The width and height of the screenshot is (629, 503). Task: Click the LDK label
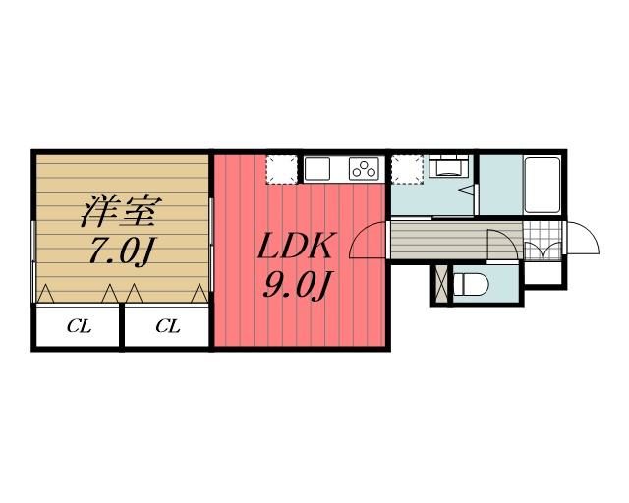pyautogui.click(x=296, y=246)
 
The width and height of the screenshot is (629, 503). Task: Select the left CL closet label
pyautogui.click(x=79, y=326)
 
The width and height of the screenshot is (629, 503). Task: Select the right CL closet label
pyautogui.click(x=168, y=326)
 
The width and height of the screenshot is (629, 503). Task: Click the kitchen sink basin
pyautogui.click(x=317, y=169)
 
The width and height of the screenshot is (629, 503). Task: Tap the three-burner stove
pyautogui.click(x=365, y=168)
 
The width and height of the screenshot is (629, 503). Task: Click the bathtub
pyautogui.click(x=543, y=186)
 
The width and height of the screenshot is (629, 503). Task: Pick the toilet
pyautogui.click(x=471, y=285)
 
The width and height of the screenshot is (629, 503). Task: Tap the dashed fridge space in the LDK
pyautogui.click(x=282, y=169)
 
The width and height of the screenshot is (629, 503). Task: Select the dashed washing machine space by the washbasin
pyautogui.click(x=408, y=169)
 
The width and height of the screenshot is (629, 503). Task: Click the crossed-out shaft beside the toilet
pyautogui.click(x=441, y=285)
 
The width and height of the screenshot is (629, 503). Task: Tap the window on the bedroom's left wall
pyautogui.click(x=34, y=260)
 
